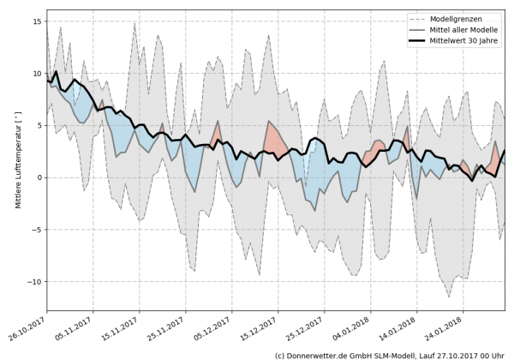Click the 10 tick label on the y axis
pyautogui.click(x=38, y=74)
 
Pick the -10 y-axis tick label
pyautogui.click(x=35, y=282)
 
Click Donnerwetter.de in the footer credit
pyautogui.click(x=323, y=354)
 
